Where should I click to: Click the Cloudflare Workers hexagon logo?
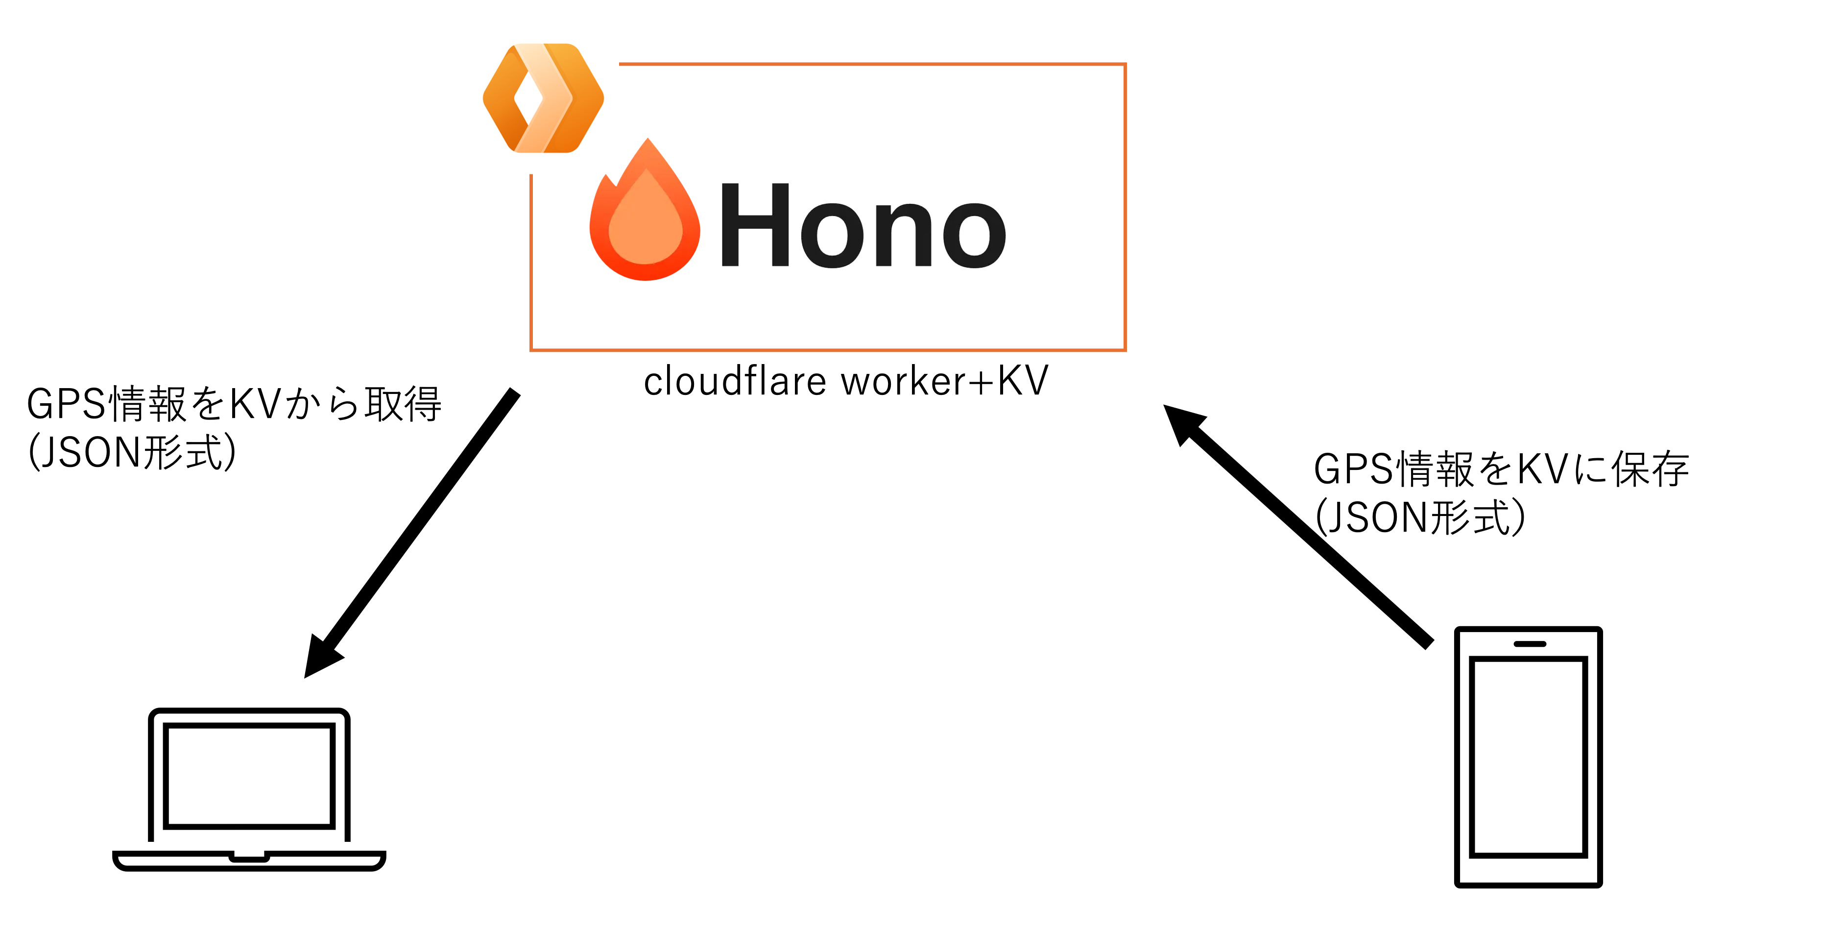pyautogui.click(x=543, y=98)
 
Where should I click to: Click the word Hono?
pyautogui.click(x=863, y=226)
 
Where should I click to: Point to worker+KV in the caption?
pyautogui.click(x=945, y=381)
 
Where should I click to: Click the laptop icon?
pyautogui.click(x=249, y=788)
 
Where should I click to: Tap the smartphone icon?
pyautogui.click(x=1528, y=757)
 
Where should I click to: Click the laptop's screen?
pyautogui.click(x=249, y=775)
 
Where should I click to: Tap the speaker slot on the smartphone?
pyautogui.click(x=1530, y=644)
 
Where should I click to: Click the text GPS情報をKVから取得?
pyautogui.click(x=234, y=404)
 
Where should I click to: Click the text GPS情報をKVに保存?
pyautogui.click(x=1501, y=470)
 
